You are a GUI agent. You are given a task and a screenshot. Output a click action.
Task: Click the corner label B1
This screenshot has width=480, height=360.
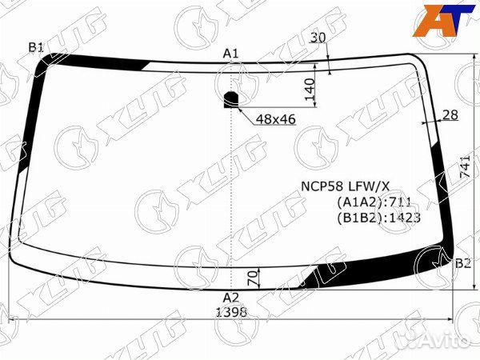pos(36,48)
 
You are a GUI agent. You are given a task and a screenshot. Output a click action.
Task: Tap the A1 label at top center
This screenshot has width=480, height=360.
pos(231,53)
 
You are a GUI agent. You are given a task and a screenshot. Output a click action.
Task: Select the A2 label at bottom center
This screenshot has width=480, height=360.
pos(231,298)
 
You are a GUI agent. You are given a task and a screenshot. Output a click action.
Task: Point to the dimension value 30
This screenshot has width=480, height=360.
pos(318,38)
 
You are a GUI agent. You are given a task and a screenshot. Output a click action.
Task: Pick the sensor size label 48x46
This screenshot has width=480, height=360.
pos(276,119)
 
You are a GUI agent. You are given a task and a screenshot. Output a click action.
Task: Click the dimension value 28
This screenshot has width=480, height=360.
pos(450,115)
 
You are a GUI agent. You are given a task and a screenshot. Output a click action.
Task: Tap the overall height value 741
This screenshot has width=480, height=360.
pos(466,165)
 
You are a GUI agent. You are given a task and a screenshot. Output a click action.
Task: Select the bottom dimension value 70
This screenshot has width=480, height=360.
pos(254,278)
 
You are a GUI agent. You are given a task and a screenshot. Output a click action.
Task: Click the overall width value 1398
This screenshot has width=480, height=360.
pos(231,313)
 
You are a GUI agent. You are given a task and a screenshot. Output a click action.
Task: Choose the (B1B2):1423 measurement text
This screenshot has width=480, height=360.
pos(379,216)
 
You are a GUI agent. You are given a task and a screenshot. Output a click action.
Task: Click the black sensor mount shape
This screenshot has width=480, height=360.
pos(231,99)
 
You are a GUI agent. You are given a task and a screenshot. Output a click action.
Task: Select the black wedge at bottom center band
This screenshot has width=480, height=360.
pos(316,278)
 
